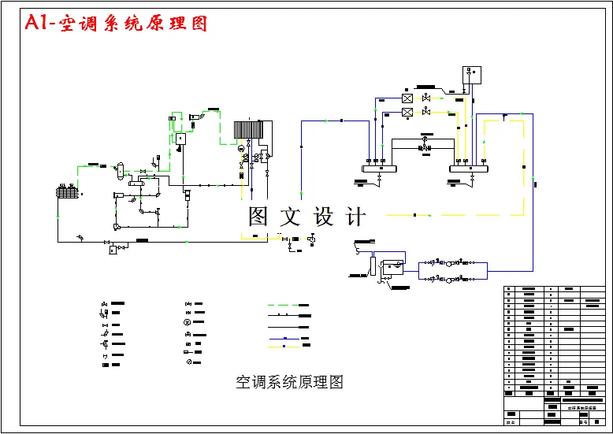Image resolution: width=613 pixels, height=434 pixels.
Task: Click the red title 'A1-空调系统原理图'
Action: pyautogui.click(x=116, y=23)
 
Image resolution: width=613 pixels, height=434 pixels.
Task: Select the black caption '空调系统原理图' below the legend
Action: pyautogui.click(x=289, y=383)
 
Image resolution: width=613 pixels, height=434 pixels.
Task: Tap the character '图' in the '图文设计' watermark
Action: pyautogui.click(x=260, y=217)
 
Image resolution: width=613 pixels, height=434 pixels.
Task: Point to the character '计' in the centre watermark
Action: pyautogui.click(x=355, y=217)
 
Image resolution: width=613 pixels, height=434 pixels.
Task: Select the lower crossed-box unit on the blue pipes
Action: pyautogui.click(x=407, y=113)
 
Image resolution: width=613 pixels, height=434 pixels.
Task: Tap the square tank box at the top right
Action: pyautogui.click(x=472, y=76)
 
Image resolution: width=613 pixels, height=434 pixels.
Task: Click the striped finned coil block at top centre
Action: pyautogui.click(x=250, y=130)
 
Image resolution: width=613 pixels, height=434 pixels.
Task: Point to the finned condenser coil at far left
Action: pyautogui.click(x=66, y=191)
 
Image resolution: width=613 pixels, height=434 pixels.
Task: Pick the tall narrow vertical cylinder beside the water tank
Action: pyautogui.click(x=373, y=265)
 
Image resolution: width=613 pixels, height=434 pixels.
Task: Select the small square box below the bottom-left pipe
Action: pyautogui.click(x=113, y=250)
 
